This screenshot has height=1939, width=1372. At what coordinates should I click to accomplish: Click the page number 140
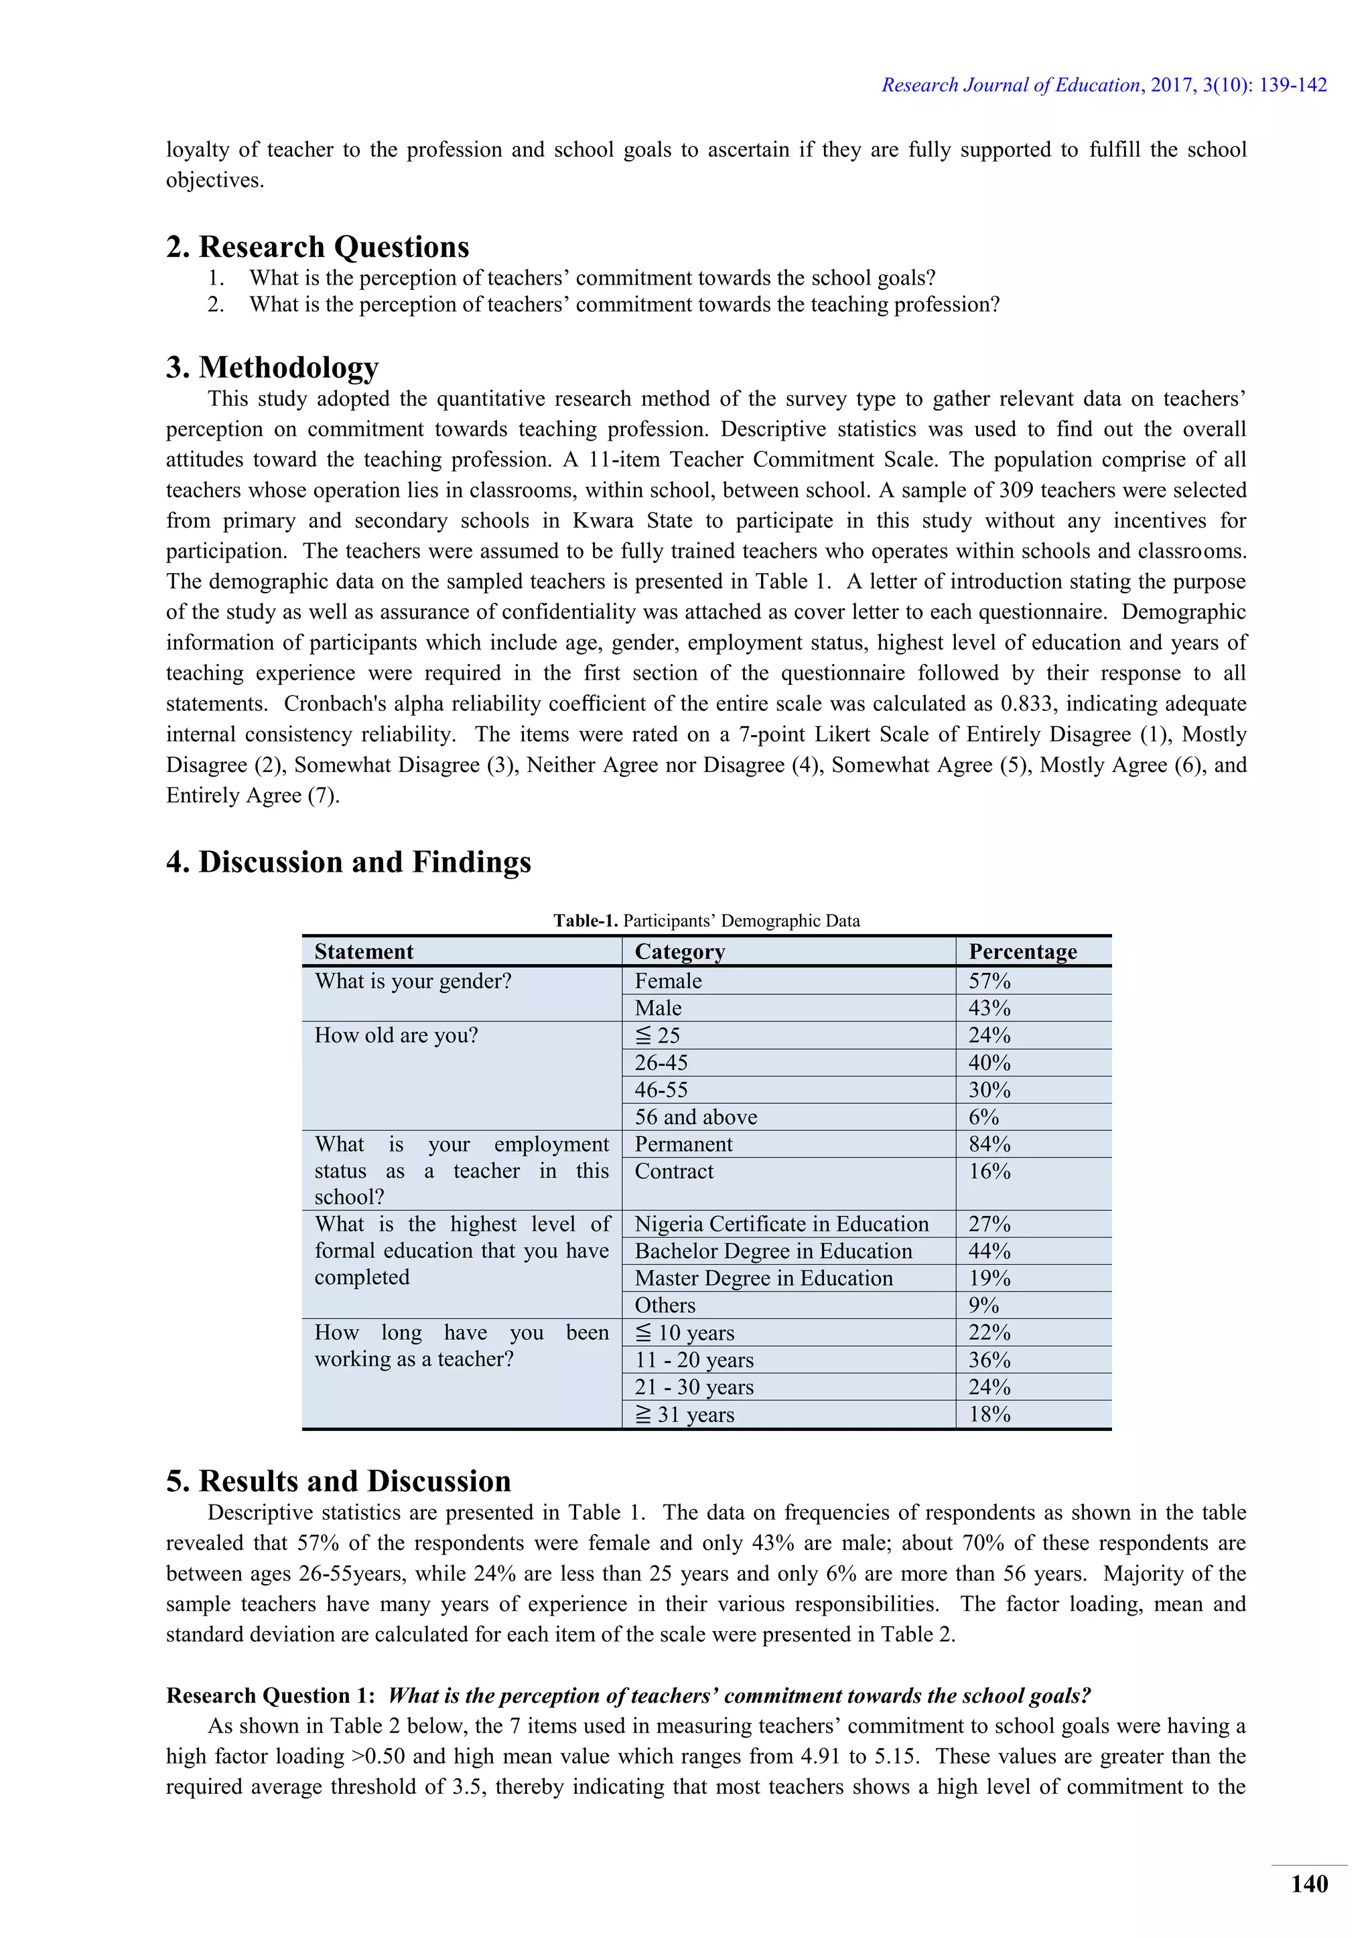click(1308, 1883)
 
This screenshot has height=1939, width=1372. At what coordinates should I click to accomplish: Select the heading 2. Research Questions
click(317, 246)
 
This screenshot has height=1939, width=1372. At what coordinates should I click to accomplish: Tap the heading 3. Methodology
click(272, 368)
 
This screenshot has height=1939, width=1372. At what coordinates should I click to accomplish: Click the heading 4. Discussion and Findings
click(348, 862)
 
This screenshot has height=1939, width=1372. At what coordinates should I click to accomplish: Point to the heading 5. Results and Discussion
click(338, 1480)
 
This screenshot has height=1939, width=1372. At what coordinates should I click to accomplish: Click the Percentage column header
click(1022, 952)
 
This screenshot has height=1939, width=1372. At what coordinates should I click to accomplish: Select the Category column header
click(679, 952)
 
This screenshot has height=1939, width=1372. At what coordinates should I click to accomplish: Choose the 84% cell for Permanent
click(989, 1144)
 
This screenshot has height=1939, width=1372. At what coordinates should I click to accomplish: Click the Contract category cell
click(674, 1170)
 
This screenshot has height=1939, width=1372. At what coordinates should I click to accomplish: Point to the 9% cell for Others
click(983, 1305)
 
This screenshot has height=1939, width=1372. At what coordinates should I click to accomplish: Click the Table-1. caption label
click(586, 921)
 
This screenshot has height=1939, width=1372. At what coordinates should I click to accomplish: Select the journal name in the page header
click(1010, 84)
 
